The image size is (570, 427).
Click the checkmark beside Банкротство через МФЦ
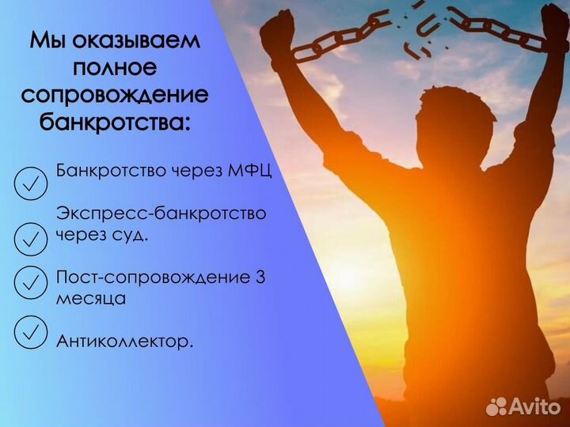tap(30, 183)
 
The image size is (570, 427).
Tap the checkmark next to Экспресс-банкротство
tap(30, 236)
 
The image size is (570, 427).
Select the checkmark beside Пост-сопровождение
tap(30, 281)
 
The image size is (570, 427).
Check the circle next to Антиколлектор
tap(30, 332)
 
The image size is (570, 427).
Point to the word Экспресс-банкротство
tap(161, 213)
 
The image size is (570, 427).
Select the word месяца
tap(90, 300)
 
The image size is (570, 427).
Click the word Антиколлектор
tap(124, 342)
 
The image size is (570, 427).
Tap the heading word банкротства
tap(115, 123)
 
